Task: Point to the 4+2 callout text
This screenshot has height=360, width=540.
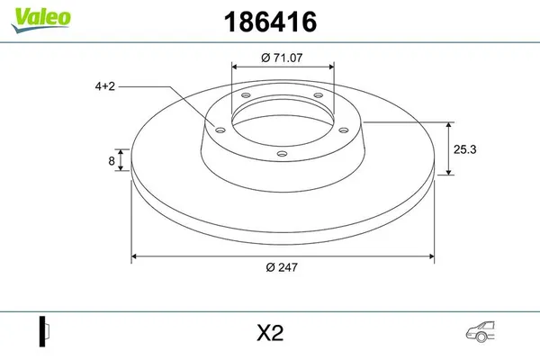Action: (104, 86)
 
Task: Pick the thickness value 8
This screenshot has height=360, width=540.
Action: (111, 162)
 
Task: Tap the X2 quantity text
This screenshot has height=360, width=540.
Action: (269, 332)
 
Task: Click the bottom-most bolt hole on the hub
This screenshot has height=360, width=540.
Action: (282, 154)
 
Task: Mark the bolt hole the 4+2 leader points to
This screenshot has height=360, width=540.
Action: (218, 127)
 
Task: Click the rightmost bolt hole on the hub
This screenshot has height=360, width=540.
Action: (346, 127)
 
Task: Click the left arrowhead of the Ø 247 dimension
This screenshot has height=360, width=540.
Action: (136, 256)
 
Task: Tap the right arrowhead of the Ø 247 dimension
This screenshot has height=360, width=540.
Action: (431, 256)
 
